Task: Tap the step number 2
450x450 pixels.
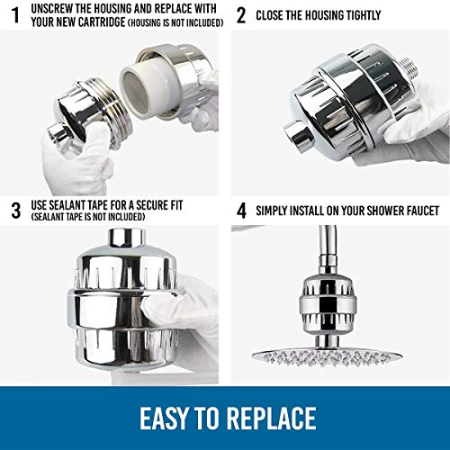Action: [239, 15]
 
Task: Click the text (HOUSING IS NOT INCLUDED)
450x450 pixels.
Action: [174, 22]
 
